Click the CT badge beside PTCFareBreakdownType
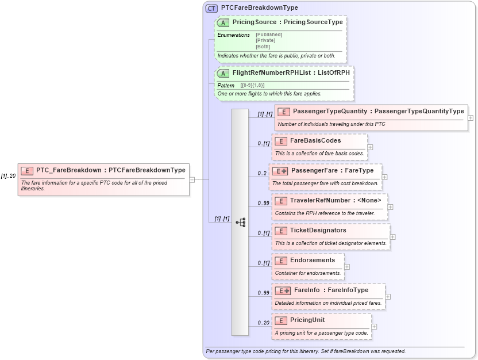click(211, 8)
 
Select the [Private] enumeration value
click(265, 40)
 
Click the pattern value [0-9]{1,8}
click(252, 86)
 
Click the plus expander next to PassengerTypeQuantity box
click(471, 117)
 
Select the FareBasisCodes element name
click(315, 140)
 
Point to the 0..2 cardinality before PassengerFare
click(262, 173)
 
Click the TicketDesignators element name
click(318, 230)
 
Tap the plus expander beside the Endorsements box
click(347, 267)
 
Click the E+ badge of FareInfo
click(282, 290)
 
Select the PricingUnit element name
click(307, 320)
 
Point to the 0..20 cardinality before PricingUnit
click(263, 323)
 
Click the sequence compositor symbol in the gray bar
click(240, 222)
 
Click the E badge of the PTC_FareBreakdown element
click(27, 170)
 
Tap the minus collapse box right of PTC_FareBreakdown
click(192, 179)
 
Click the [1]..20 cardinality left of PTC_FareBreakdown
click(8, 176)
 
